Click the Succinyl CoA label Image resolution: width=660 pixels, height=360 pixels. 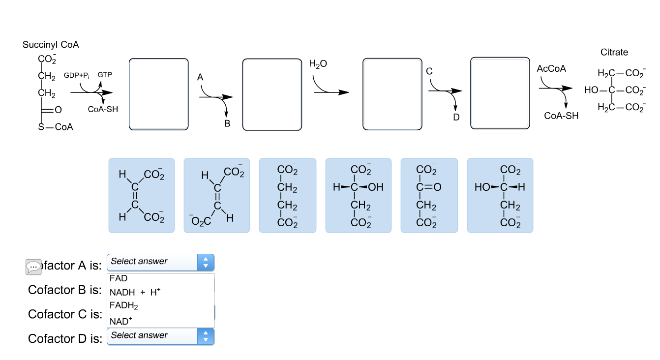(50, 45)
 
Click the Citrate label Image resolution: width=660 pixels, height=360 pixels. (614, 52)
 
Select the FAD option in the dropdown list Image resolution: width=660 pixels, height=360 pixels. (119, 278)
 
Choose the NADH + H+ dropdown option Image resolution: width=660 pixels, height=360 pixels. (135, 292)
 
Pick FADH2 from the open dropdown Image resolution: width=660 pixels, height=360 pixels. (124, 306)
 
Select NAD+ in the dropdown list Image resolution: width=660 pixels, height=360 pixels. (121, 321)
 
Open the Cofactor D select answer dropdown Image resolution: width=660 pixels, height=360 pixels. (160, 336)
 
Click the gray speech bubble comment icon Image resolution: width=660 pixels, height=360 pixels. (33, 267)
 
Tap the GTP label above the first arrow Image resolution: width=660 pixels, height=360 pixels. (105, 75)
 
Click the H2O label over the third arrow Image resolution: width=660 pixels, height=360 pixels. (318, 64)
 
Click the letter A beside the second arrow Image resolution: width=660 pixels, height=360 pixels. (200, 77)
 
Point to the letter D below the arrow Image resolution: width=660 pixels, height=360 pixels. (456, 117)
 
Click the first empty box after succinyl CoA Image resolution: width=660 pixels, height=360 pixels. (158, 94)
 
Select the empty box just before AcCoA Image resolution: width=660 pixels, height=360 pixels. (500, 93)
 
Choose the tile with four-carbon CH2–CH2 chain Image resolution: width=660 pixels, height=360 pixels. (287, 195)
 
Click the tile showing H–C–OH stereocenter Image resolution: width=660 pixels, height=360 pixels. (358, 195)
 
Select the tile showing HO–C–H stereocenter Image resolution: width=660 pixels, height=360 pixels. (500, 195)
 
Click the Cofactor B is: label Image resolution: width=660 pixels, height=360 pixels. (64, 290)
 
